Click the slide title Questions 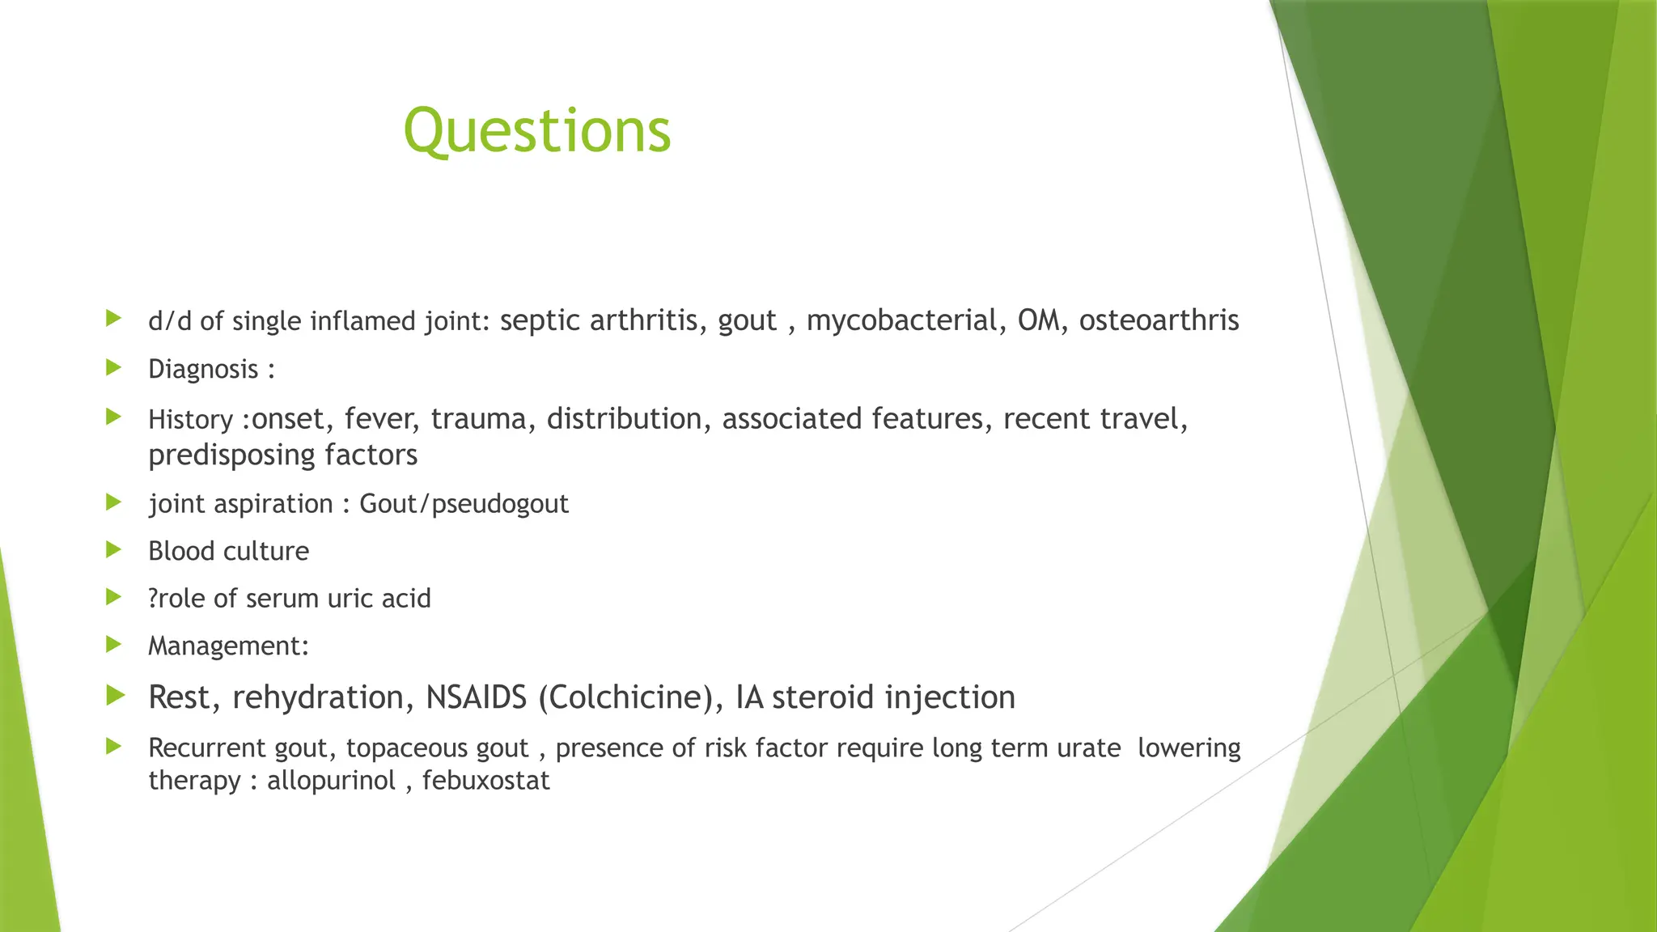tap(537, 131)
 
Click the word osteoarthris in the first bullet tap(1159, 320)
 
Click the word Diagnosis tap(203, 370)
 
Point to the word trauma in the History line tap(477, 419)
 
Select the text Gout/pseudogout tap(464, 504)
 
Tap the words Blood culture tap(228, 552)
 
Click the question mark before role tap(153, 599)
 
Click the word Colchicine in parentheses tap(625, 697)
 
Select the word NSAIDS tap(477, 697)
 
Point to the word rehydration tap(318, 697)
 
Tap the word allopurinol tap(331, 781)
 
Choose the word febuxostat tap(485, 781)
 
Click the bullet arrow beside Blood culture tap(113, 550)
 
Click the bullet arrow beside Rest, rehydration tap(115, 695)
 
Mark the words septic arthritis tap(599, 320)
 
